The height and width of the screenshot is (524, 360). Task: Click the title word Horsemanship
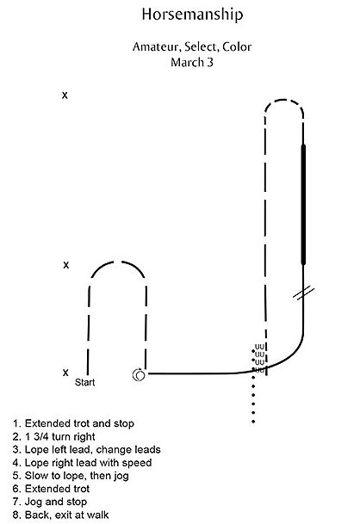click(x=192, y=15)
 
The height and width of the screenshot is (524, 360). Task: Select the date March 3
click(x=192, y=63)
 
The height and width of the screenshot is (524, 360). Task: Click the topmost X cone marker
click(x=65, y=96)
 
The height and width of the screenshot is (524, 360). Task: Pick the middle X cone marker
click(x=66, y=265)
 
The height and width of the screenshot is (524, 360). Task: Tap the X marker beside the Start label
click(x=65, y=373)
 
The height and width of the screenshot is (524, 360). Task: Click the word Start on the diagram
click(x=84, y=382)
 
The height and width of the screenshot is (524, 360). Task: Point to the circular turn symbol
click(x=139, y=375)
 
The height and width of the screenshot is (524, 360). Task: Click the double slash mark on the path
click(x=303, y=293)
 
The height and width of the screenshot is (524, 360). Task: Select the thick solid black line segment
click(x=303, y=205)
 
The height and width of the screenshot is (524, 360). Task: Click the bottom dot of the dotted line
click(x=253, y=422)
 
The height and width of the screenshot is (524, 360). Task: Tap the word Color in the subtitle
click(x=237, y=46)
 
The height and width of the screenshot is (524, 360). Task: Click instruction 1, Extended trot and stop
click(x=73, y=423)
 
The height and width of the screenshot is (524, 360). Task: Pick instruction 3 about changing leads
click(x=87, y=450)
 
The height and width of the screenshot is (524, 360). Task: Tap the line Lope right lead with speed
click(x=83, y=463)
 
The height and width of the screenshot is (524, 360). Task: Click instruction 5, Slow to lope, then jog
click(x=71, y=476)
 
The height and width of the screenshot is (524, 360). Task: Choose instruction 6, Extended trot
click(x=51, y=489)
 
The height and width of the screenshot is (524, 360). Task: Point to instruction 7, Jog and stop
click(x=50, y=502)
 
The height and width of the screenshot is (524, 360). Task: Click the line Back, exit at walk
click(x=60, y=515)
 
